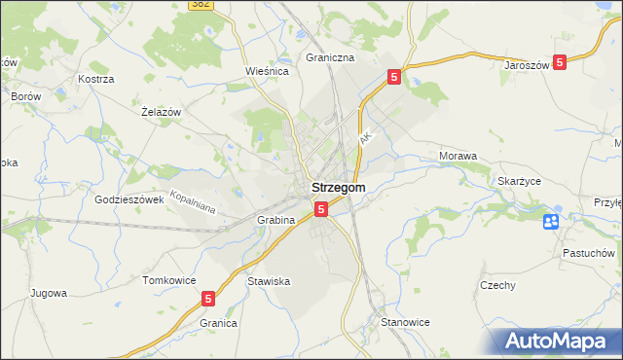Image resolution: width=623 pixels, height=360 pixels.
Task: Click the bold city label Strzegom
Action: tap(338, 188)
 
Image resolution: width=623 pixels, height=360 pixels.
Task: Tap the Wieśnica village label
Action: tap(264, 71)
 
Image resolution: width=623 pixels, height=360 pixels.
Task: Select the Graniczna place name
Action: tap(330, 57)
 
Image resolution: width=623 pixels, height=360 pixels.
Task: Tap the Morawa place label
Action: tap(458, 156)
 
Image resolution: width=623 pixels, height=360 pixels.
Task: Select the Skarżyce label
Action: tap(519, 181)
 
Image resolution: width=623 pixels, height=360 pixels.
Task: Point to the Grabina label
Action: tap(275, 221)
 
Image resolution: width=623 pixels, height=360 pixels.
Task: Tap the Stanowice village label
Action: tap(405, 322)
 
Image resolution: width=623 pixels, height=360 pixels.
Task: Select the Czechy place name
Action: tap(496, 285)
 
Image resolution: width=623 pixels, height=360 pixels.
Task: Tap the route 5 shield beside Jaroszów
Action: tap(560, 63)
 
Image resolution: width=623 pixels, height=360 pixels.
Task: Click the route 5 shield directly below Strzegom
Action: tap(320, 208)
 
